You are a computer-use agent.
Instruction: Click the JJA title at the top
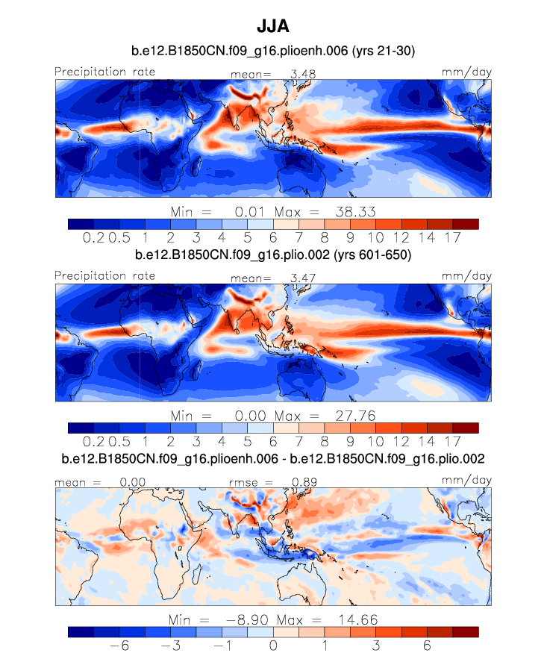point(272,26)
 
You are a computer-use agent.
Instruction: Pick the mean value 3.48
point(297,74)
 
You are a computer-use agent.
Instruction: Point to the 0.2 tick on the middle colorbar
point(94,441)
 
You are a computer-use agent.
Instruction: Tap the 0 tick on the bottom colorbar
point(273,645)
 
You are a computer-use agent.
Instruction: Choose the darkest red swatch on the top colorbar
point(465,223)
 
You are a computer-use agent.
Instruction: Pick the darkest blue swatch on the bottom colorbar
point(81,631)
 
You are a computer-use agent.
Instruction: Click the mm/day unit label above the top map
point(467,72)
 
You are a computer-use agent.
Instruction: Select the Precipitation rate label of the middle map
point(105,276)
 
